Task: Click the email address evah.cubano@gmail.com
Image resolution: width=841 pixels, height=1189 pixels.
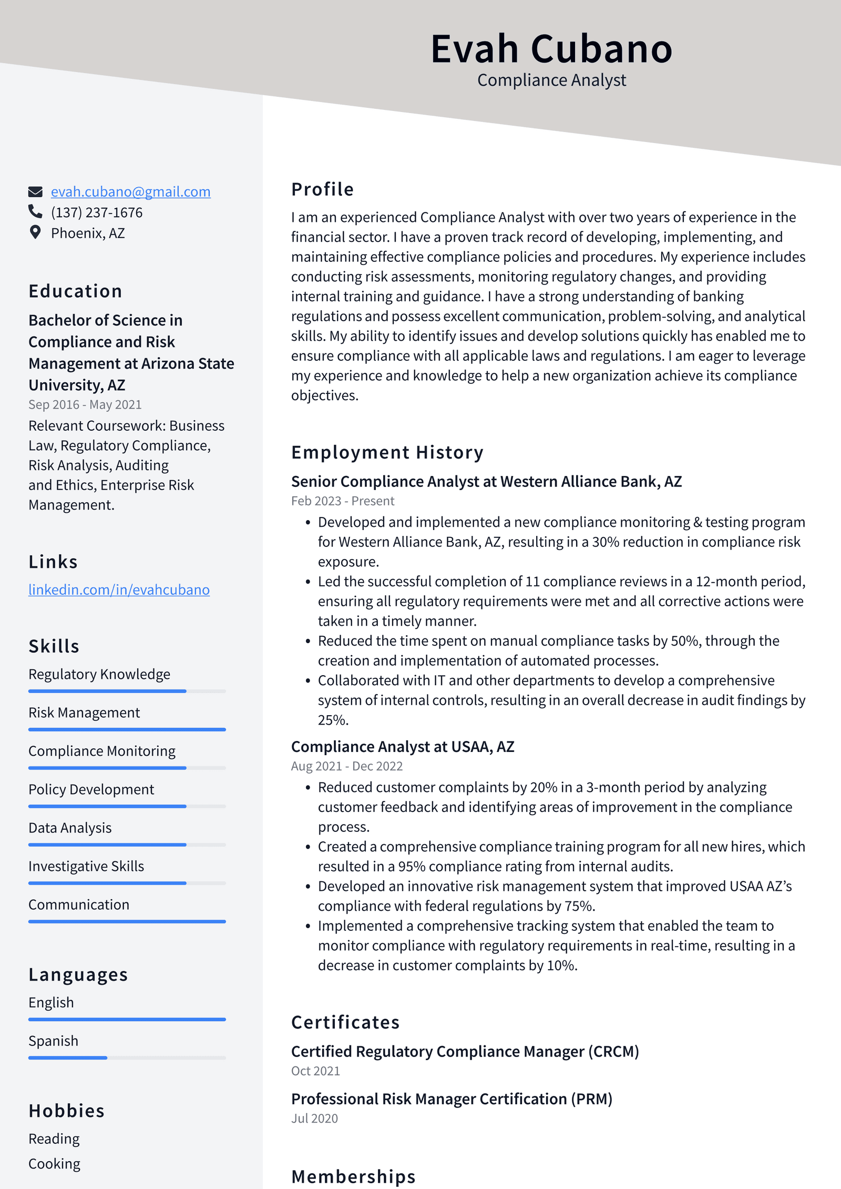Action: click(130, 192)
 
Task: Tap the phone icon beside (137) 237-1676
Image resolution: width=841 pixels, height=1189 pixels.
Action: click(35, 212)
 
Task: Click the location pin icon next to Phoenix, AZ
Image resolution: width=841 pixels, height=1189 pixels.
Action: click(35, 232)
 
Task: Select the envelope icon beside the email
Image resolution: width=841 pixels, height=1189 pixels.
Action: click(35, 191)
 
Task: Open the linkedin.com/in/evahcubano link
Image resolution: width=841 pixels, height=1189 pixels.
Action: click(119, 590)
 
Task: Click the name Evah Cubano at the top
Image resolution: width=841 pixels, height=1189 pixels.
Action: click(551, 49)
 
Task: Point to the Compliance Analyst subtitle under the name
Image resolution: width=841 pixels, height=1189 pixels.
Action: click(551, 80)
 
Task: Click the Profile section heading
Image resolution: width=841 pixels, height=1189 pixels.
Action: click(322, 189)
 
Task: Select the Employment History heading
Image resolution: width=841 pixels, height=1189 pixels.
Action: click(387, 452)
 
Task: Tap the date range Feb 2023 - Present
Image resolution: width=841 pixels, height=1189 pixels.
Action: click(342, 501)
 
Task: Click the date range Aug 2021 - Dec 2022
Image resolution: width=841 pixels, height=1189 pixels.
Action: click(346, 766)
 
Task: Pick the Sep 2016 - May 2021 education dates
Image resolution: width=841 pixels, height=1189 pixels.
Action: click(85, 405)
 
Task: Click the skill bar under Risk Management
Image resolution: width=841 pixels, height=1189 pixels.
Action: click(127, 729)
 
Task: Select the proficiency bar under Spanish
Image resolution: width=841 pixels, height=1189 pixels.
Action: click(127, 1058)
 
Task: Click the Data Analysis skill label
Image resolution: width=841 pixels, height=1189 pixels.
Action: click(70, 828)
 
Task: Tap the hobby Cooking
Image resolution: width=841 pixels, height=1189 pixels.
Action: click(54, 1164)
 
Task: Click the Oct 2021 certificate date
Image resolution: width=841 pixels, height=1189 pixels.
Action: click(315, 1071)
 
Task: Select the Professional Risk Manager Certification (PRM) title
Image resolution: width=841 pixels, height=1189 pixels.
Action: click(452, 1099)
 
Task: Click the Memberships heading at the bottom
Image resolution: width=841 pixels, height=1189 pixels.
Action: click(353, 1176)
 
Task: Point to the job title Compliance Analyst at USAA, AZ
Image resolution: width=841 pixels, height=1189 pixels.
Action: click(403, 747)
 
